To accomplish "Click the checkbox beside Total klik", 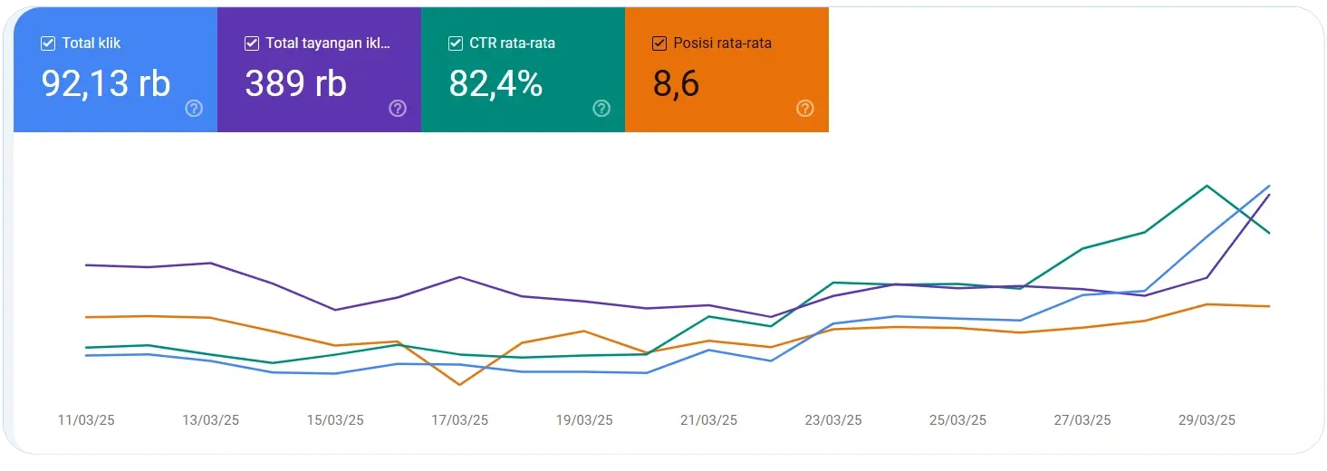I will click(48, 43).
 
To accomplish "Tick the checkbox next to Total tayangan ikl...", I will click(252, 43).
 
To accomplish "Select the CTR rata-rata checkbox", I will click(456, 43).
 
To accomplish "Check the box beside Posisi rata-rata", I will click(659, 43).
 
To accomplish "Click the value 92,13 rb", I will click(106, 83).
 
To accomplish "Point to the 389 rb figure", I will click(295, 83).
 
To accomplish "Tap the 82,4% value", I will click(495, 83).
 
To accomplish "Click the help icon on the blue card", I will click(194, 109).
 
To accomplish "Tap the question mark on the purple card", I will click(398, 109).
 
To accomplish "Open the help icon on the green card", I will click(601, 109).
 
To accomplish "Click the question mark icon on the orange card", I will click(805, 109).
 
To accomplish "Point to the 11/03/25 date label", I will click(86, 420).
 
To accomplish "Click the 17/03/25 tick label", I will click(459, 420).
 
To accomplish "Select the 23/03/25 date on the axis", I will click(833, 420).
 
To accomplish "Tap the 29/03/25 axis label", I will click(1207, 420).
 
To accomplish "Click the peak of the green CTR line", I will click(1207, 186).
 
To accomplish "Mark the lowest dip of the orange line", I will click(460, 385).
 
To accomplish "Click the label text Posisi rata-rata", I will click(723, 43).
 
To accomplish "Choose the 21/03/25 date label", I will click(708, 420).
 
